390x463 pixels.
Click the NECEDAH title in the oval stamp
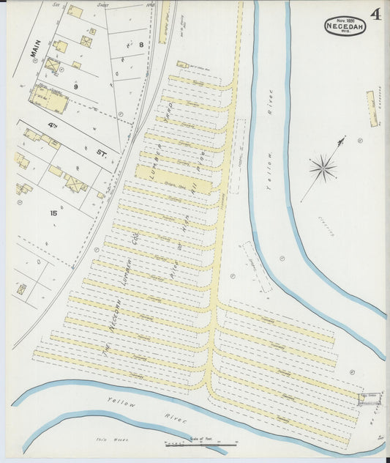click(x=345, y=27)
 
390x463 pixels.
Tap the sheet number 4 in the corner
click(x=375, y=15)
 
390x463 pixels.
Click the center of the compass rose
click(x=322, y=168)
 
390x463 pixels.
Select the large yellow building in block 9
click(x=48, y=97)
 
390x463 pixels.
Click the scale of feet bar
click(x=200, y=444)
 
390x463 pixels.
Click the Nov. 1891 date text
click(x=345, y=20)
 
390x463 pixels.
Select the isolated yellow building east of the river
click(x=370, y=106)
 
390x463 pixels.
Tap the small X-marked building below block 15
click(x=22, y=289)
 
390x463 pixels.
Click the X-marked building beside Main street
click(x=53, y=65)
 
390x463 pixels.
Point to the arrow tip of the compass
click(x=341, y=138)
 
